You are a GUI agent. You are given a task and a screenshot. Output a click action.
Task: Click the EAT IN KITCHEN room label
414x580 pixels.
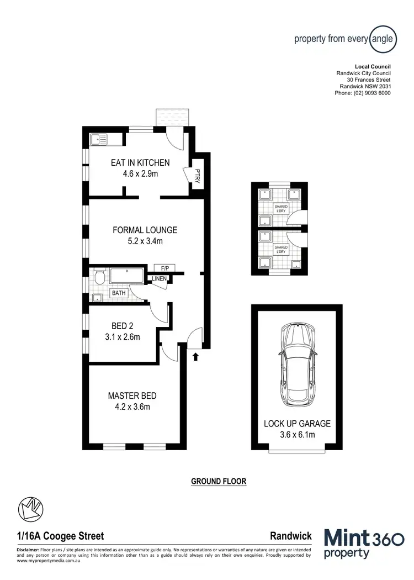pyautogui.click(x=140, y=162)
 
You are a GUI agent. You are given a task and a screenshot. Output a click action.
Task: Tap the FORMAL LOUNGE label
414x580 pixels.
pyautogui.click(x=145, y=230)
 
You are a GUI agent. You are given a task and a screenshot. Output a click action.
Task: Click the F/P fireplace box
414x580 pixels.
pyautogui.click(x=164, y=268)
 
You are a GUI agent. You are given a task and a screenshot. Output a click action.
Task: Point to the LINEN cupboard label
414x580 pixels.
pyautogui.click(x=160, y=278)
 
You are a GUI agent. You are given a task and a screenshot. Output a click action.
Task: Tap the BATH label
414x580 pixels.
pyautogui.click(x=119, y=293)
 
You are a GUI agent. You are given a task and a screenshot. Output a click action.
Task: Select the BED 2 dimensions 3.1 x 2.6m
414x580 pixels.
pyautogui.click(x=122, y=337)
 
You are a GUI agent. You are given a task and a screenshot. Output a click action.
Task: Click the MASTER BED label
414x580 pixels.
pyautogui.click(x=132, y=396)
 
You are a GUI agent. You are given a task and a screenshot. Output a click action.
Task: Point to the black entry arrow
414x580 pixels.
pyautogui.click(x=195, y=357)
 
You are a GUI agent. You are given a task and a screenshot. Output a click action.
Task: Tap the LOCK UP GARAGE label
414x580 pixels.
pyautogui.click(x=297, y=424)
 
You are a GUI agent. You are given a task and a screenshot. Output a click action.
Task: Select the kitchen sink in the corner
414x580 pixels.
pyautogui.click(x=98, y=138)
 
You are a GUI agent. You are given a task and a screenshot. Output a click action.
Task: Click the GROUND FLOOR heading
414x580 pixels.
pyautogui.click(x=218, y=481)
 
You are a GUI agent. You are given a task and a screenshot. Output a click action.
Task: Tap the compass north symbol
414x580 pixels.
pyautogui.click(x=31, y=508)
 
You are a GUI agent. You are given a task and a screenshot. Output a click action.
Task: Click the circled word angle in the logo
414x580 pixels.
pyautogui.click(x=382, y=39)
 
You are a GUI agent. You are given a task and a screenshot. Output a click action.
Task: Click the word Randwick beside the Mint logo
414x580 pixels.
pyautogui.click(x=291, y=536)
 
